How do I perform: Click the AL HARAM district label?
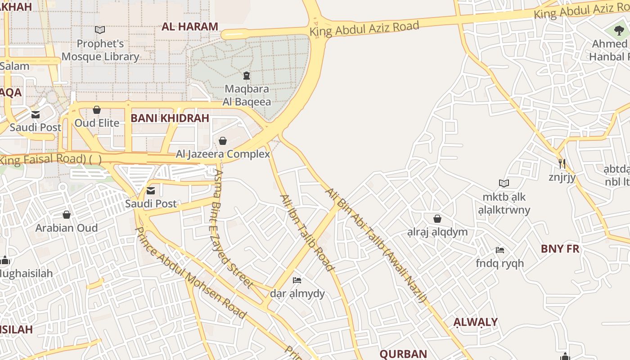[x=190, y=27]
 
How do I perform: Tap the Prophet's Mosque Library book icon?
[x=100, y=30]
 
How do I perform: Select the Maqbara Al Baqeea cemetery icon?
[x=246, y=75]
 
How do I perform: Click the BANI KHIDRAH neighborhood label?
[x=170, y=118]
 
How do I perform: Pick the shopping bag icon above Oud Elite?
[x=96, y=110]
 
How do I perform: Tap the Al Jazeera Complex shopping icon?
[x=222, y=141]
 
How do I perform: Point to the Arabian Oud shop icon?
[x=67, y=215]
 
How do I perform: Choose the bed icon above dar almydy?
[x=297, y=280]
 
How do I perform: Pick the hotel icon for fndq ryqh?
[x=499, y=250]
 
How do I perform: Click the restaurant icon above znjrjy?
[x=562, y=163]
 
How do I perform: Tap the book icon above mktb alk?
[x=504, y=183]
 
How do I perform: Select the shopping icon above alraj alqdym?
[x=437, y=219]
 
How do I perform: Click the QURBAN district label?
[x=403, y=354]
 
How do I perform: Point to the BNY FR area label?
[x=560, y=249]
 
